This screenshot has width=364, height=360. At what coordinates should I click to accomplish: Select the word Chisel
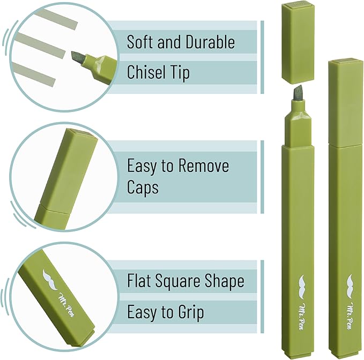click(144, 72)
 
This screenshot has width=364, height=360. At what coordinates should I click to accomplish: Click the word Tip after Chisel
click(179, 73)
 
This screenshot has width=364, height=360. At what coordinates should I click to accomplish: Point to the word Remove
click(204, 166)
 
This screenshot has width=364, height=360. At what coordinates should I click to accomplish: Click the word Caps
click(143, 187)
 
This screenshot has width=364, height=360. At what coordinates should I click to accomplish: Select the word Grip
click(191, 313)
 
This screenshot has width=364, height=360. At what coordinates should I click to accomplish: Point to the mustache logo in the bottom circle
click(50, 280)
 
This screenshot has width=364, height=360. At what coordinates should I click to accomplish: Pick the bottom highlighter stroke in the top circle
click(34, 74)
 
